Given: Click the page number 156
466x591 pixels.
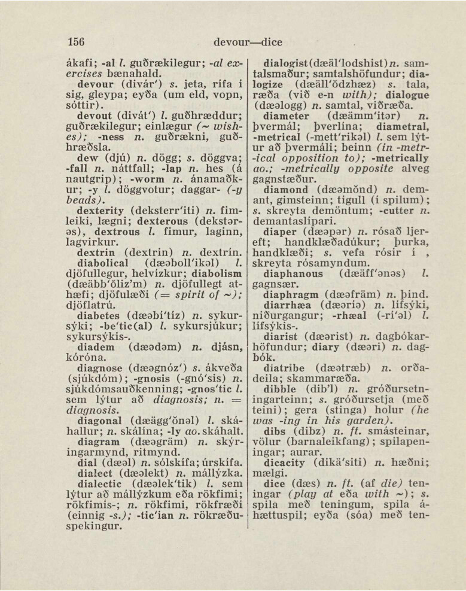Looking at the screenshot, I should point(75,42).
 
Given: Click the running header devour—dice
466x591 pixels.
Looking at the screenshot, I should point(247,42).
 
